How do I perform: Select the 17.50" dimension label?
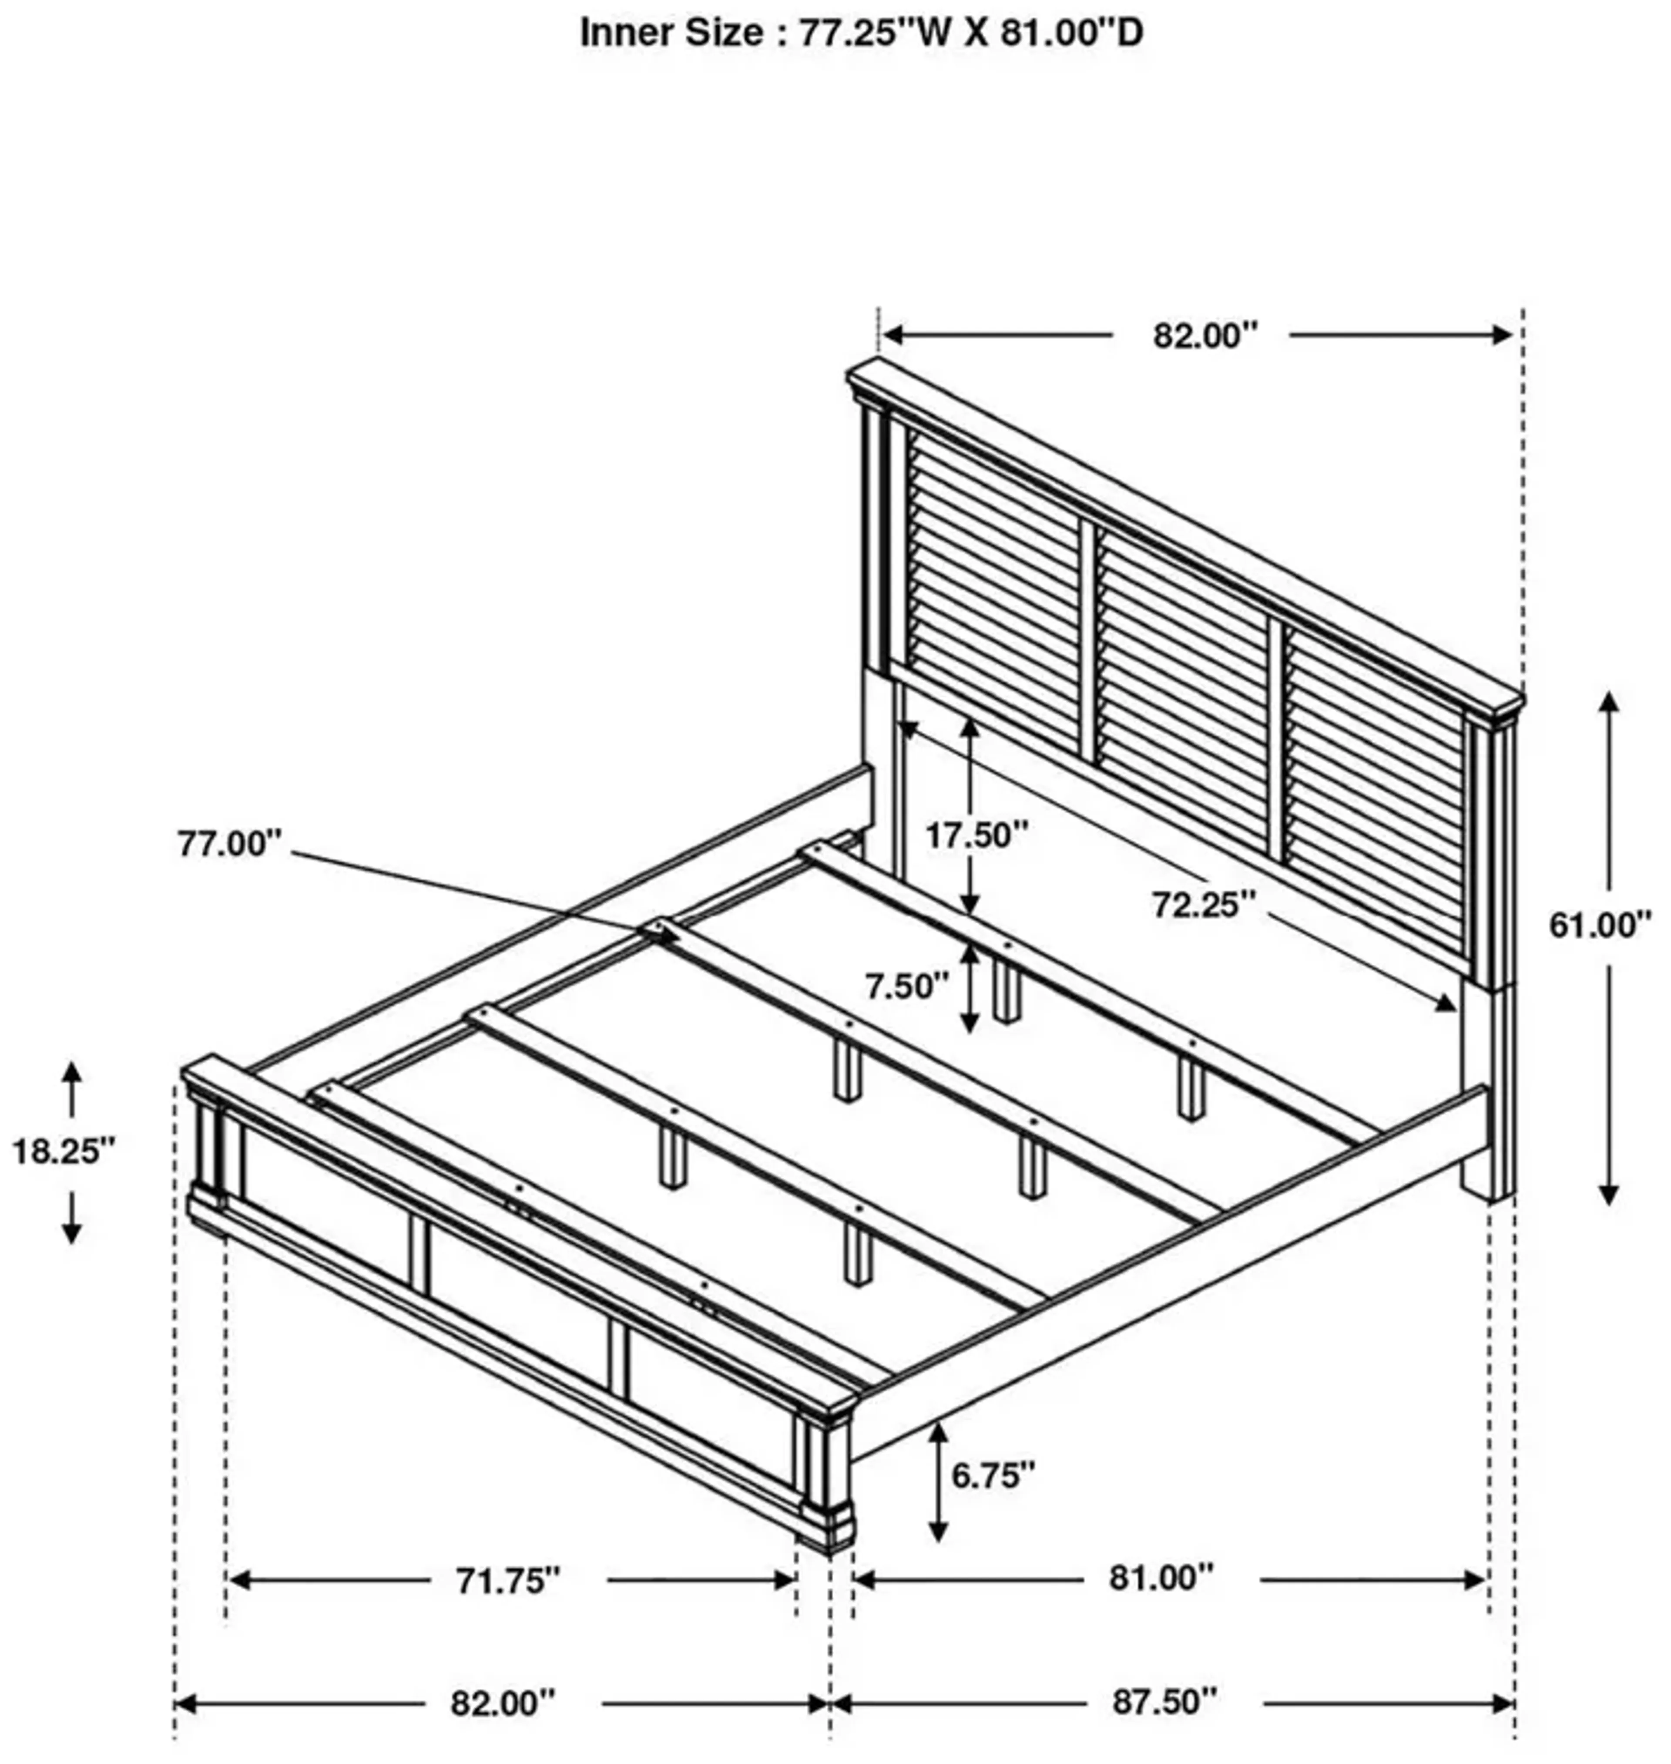(976, 836)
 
